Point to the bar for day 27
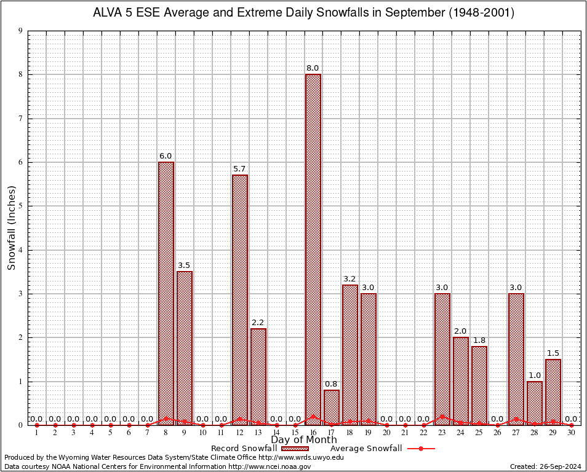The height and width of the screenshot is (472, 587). (x=516, y=359)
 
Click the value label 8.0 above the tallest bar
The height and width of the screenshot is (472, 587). (x=313, y=68)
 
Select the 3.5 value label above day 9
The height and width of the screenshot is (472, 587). (x=185, y=265)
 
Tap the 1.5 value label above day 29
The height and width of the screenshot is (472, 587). (x=553, y=353)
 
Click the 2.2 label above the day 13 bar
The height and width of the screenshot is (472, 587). (x=258, y=322)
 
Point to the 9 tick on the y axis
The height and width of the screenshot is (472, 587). (x=21, y=31)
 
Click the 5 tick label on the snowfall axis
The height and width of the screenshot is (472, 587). (x=21, y=206)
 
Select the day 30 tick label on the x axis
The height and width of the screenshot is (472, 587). (x=572, y=433)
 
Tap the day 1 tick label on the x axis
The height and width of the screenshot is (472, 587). (x=37, y=433)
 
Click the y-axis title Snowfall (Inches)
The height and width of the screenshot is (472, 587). (x=11, y=227)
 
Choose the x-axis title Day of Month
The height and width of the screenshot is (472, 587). (x=304, y=440)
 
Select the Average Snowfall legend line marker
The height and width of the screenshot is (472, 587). (x=420, y=449)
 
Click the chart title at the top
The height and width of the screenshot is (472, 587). (x=304, y=12)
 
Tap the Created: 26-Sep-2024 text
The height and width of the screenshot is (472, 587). (x=545, y=466)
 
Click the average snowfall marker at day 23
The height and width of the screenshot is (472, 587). (x=442, y=416)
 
